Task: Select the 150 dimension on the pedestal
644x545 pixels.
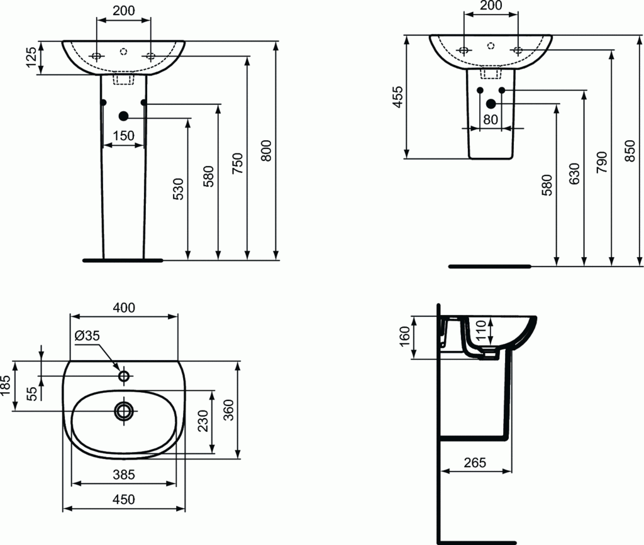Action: [123, 135]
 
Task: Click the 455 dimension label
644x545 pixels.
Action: [397, 97]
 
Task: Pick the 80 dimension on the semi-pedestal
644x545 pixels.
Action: [491, 119]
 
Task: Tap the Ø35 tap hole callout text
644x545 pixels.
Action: [87, 336]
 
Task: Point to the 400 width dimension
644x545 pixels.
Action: [123, 307]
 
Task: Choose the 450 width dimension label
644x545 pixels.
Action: [123, 500]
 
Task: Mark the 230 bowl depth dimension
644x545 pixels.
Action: [203, 421]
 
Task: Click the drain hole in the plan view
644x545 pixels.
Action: [124, 411]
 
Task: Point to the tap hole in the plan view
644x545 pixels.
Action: [124, 376]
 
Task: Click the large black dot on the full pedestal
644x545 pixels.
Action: [123, 116]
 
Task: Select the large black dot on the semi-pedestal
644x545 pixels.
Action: [491, 104]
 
